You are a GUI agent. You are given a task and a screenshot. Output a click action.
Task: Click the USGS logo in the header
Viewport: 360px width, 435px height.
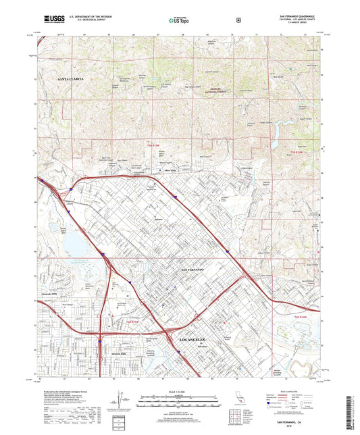click(50, 21)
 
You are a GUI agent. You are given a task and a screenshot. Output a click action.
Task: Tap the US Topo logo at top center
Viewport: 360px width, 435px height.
click(178, 21)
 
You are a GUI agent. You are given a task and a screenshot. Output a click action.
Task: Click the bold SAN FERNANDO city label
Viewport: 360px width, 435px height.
click(192, 270)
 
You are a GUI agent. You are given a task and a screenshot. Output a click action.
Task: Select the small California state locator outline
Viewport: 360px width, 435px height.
click(236, 403)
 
